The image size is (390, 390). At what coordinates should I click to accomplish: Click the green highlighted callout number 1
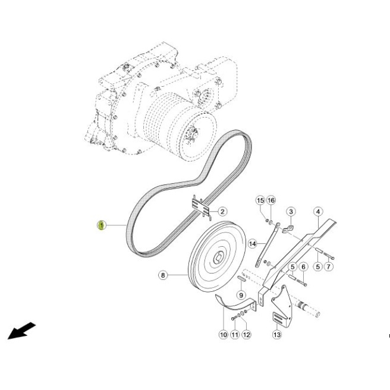(x=101, y=225)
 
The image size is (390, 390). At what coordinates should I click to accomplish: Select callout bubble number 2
(x=222, y=212)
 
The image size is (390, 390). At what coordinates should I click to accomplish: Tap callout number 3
(x=291, y=212)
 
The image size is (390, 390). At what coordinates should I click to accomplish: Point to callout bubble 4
(x=318, y=212)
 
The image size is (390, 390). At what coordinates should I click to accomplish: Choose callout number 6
(x=303, y=267)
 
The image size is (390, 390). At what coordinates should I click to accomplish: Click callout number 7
(x=329, y=267)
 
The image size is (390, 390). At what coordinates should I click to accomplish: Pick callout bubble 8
(x=163, y=275)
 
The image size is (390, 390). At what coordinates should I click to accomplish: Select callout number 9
(x=241, y=295)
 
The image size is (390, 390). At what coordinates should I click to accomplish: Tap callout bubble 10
(x=224, y=335)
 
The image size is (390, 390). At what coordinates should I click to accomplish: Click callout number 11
(x=235, y=335)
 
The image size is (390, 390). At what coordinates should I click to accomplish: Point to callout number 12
(x=247, y=335)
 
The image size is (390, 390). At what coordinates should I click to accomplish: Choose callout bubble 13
(x=277, y=335)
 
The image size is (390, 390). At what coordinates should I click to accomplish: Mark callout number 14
(x=253, y=244)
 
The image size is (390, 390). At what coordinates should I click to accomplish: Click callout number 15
(x=260, y=200)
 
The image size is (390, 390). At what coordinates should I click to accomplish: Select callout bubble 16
(x=271, y=200)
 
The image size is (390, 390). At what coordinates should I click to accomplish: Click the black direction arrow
(x=21, y=331)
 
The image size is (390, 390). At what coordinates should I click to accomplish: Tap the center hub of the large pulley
(x=219, y=257)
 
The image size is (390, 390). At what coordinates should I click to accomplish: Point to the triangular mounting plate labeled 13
(x=282, y=306)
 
